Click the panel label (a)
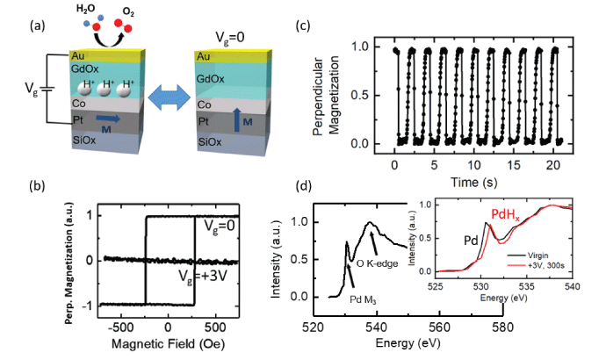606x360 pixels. [38, 25]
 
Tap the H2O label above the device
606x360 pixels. [84, 9]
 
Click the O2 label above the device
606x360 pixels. [128, 11]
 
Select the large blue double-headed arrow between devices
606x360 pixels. [170, 97]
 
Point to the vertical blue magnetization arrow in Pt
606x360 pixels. [237, 120]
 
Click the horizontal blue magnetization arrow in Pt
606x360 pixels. [108, 119]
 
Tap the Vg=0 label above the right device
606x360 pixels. [230, 38]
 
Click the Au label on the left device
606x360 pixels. [77, 55]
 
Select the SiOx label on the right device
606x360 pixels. [210, 141]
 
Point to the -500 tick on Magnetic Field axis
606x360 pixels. [121, 328]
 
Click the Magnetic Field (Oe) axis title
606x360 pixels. [168, 343]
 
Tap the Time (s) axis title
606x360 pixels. [474, 182]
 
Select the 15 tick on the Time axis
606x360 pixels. [515, 165]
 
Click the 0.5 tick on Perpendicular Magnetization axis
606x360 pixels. [359, 96]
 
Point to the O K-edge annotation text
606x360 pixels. [377, 263]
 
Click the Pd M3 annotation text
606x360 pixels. [363, 299]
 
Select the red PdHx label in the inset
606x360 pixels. [506, 214]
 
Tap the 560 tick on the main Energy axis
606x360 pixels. [439, 328]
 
